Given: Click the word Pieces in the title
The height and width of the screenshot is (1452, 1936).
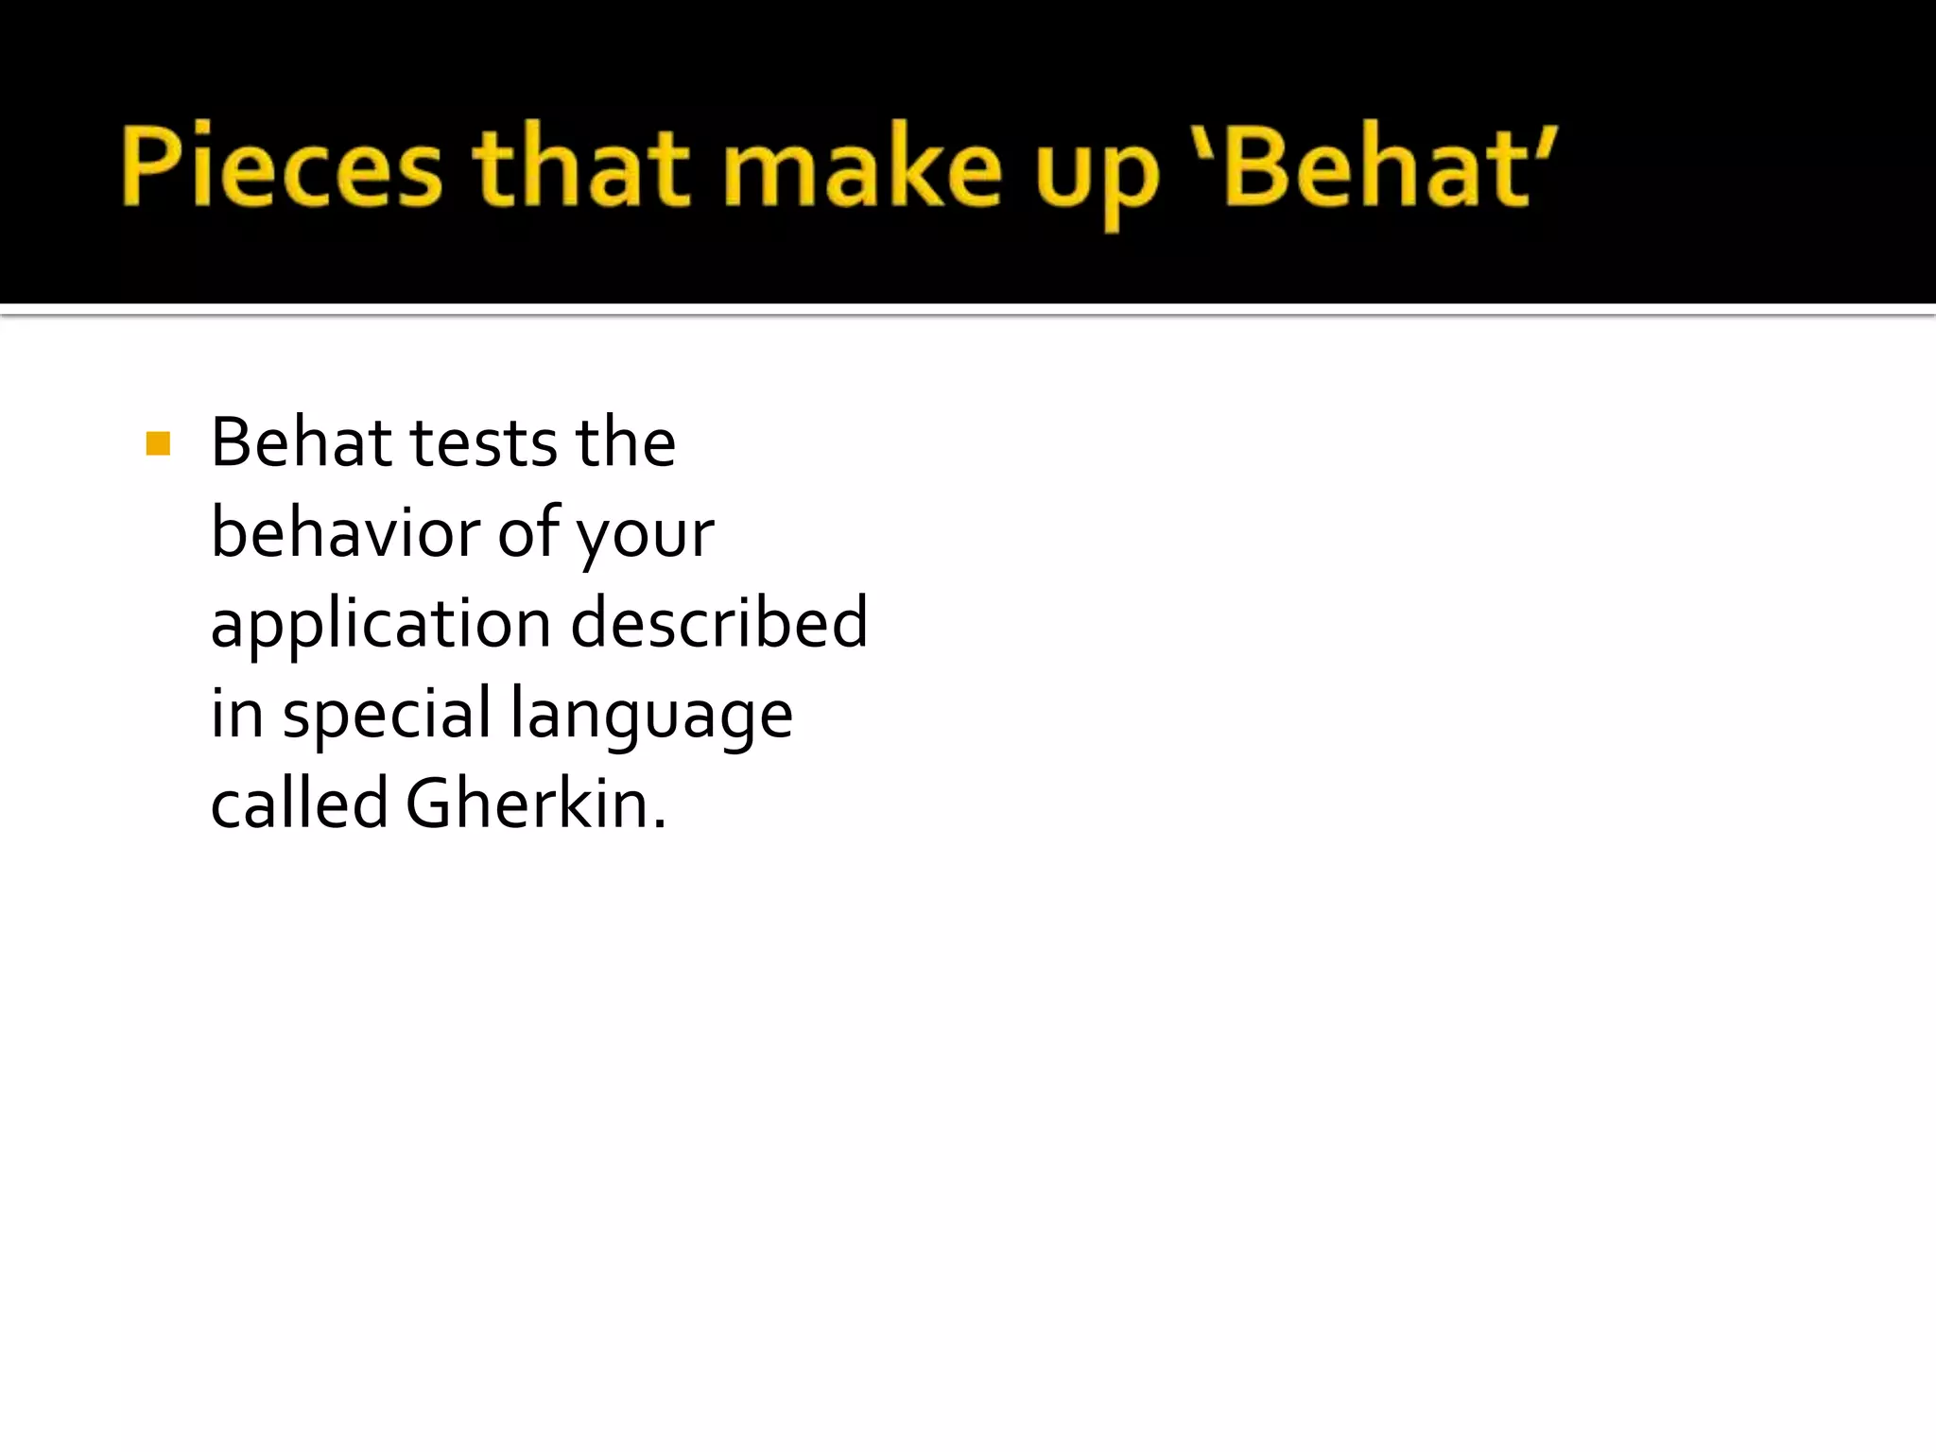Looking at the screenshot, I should point(281,166).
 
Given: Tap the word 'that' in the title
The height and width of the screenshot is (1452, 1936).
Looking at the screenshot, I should point(580,166).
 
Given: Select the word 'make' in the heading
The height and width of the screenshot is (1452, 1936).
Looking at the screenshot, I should point(861,166).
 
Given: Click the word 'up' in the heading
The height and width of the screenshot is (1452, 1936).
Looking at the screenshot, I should point(1097,176).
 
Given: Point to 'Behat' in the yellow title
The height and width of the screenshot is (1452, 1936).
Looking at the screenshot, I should point(1376,166).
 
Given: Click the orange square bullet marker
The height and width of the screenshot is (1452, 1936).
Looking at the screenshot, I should point(159,443).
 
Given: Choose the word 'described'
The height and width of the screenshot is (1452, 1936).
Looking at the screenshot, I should point(718,623).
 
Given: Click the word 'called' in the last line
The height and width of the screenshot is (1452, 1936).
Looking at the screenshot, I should point(299,804).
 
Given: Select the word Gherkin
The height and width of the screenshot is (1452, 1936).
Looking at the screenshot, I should point(527,804).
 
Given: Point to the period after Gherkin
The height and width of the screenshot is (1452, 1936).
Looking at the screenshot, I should point(660,824).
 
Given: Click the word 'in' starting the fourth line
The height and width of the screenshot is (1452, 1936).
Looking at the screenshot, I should point(236,713).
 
